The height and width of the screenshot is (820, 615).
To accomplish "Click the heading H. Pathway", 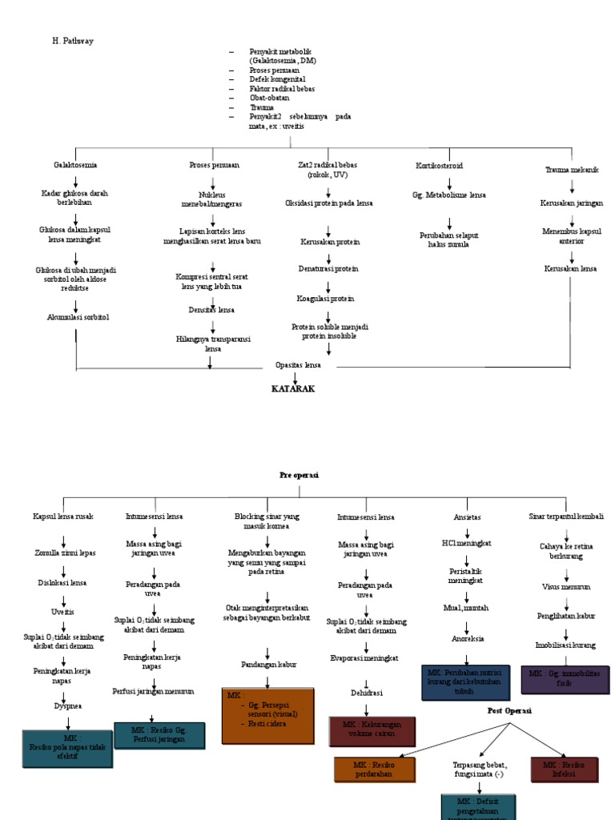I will coord(73,40).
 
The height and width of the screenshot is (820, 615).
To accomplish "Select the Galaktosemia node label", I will coord(75,165).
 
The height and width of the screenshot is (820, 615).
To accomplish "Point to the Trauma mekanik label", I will coord(572,170).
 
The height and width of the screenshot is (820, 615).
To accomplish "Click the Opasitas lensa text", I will coord(298,365).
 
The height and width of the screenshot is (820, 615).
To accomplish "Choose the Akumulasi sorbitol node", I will coord(78,317).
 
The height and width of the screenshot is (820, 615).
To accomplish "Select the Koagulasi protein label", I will coord(325,298).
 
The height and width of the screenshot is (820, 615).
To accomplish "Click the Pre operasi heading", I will coord(299,475).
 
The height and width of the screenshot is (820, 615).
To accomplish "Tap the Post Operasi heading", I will coord(510,710).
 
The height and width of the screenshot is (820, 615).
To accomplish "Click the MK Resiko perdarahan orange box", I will coord(375,770).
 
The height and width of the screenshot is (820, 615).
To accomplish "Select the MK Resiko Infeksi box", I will coord(563,770).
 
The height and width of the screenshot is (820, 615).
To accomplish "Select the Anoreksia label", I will coord(468,639).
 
